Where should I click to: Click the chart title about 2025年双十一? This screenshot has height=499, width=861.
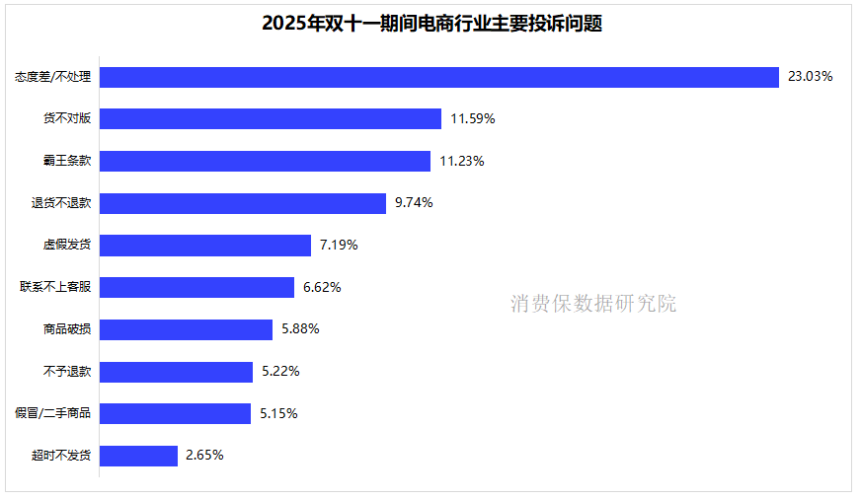click(x=431, y=24)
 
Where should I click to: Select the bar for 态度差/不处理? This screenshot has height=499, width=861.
click(x=439, y=77)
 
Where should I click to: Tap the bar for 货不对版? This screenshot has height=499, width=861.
click(x=270, y=119)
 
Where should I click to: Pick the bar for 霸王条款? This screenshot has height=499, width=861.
click(x=265, y=161)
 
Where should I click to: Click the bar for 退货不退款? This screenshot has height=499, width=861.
click(x=242, y=203)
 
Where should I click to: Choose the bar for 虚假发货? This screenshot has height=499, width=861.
click(x=205, y=246)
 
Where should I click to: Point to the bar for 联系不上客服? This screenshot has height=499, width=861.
click(x=196, y=287)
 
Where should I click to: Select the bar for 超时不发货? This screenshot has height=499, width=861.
click(x=138, y=456)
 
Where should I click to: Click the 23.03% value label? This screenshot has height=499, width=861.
click(x=810, y=77)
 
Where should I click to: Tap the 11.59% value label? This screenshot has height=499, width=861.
click(x=472, y=119)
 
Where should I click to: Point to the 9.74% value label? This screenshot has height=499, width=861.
click(x=414, y=203)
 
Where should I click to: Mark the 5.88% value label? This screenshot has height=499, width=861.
click(x=300, y=329)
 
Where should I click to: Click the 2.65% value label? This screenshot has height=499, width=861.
click(x=204, y=456)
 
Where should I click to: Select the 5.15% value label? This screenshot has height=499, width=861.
click(x=278, y=414)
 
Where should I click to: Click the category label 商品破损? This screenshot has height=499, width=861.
click(x=67, y=329)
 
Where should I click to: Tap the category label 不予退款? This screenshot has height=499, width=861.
click(x=67, y=372)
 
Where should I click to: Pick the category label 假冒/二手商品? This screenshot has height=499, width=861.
click(x=53, y=414)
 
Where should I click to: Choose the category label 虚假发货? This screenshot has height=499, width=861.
click(x=67, y=246)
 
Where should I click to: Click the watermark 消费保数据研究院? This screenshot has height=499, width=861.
click(x=593, y=304)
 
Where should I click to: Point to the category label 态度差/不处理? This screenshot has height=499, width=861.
click(x=53, y=77)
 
